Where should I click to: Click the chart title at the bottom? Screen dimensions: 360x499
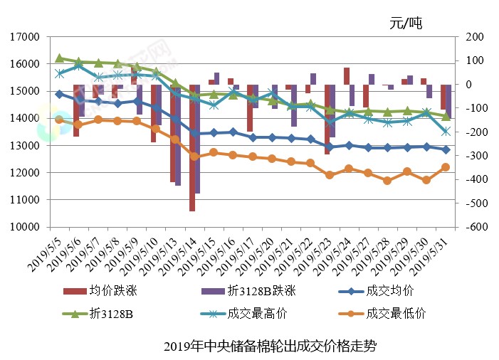point(270,346)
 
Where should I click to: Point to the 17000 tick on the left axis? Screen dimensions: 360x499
point(25,37)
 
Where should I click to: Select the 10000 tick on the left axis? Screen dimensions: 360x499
point(25,227)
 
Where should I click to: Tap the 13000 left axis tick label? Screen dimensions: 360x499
point(25,146)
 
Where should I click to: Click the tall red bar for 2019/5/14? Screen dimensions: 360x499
point(192,149)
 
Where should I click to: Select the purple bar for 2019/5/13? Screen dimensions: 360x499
point(178,135)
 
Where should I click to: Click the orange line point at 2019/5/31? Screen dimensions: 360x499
point(446,167)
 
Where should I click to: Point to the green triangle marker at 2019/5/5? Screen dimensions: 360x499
point(60,58)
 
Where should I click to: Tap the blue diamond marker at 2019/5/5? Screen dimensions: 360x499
point(60,94)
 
